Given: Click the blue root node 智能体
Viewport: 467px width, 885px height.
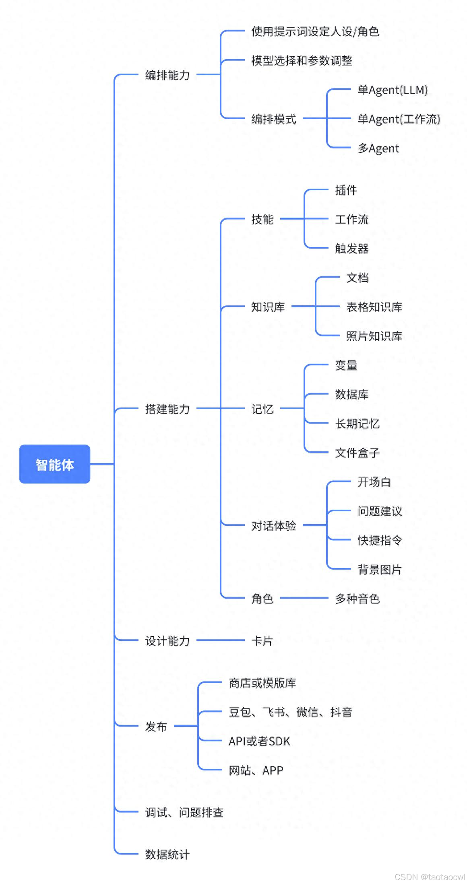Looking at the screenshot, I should pyautogui.click(x=54, y=464).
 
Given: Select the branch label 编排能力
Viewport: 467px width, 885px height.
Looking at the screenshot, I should pyautogui.click(x=167, y=75).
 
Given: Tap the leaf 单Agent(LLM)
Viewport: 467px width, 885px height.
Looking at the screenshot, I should pyautogui.click(x=393, y=90).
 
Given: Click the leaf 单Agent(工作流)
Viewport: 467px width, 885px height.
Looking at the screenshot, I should pyautogui.click(x=399, y=119).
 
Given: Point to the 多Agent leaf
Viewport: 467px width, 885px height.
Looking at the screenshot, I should pyautogui.click(x=378, y=148).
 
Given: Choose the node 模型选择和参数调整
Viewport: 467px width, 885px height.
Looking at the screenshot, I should pyautogui.click(x=302, y=61).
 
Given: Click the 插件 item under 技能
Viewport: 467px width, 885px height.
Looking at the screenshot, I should pyautogui.click(x=346, y=190).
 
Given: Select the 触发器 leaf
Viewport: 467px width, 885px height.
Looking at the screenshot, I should pyautogui.click(x=351, y=249).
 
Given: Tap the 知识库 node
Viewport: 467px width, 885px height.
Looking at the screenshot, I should pyautogui.click(x=268, y=307).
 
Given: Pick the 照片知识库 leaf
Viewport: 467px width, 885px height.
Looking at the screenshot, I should pyautogui.click(x=374, y=336).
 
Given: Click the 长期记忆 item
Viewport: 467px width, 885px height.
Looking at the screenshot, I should pyautogui.click(x=357, y=424).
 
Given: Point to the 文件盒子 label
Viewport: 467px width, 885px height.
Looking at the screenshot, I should pyautogui.click(x=357, y=453).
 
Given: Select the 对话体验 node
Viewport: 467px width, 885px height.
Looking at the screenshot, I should pyautogui.click(x=274, y=526).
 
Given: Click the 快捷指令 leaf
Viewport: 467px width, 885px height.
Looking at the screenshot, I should pyautogui.click(x=380, y=540).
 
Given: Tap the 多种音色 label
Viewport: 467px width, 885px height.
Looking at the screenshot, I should pyautogui.click(x=357, y=599).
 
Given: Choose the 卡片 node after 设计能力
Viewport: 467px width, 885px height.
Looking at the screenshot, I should pyautogui.click(x=262, y=641).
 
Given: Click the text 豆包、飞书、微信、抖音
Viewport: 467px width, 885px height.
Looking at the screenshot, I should pyautogui.click(x=290, y=712).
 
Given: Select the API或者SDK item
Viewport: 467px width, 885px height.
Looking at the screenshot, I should pyautogui.click(x=259, y=741).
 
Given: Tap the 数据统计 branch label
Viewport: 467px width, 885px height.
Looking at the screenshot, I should pyautogui.click(x=167, y=854).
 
